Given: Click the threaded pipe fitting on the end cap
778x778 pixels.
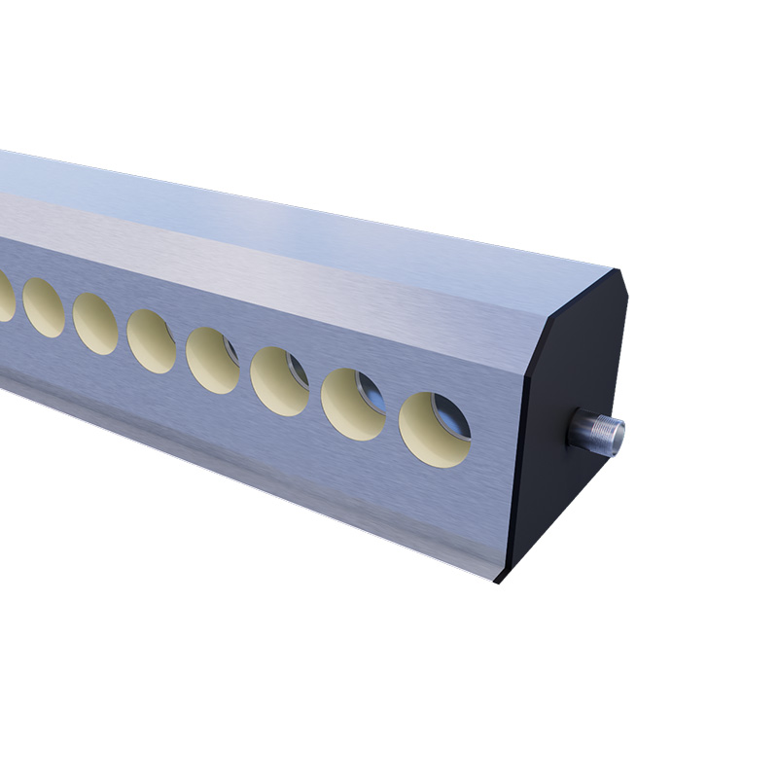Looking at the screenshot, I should (595, 430).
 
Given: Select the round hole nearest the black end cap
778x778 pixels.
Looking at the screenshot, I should (435, 429).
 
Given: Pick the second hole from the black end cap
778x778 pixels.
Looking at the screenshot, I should (353, 404).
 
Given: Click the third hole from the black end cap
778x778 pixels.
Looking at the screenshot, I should (280, 381).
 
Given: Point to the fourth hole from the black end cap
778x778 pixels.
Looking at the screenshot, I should (213, 360).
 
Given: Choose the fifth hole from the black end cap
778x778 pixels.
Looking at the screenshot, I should (152, 341).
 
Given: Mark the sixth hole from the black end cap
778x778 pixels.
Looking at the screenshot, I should (95, 323).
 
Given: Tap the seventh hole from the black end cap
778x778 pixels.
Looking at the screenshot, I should (44, 306).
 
